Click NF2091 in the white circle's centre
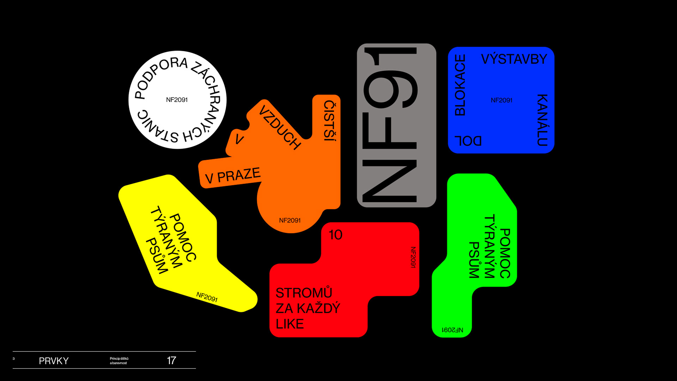(x=177, y=100)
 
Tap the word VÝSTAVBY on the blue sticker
(x=514, y=59)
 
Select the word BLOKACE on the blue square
(x=460, y=85)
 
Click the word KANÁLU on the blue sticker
(x=542, y=120)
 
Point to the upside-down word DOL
(x=468, y=141)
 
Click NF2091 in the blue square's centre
(x=501, y=100)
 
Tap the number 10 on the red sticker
(x=335, y=235)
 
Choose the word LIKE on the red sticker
(x=289, y=324)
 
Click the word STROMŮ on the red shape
(x=304, y=293)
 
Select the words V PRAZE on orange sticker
(x=233, y=176)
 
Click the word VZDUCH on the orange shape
(x=280, y=127)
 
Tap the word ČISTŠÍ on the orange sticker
(x=330, y=121)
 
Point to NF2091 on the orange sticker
(x=290, y=220)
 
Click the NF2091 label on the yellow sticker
(x=207, y=297)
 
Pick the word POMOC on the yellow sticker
(x=183, y=237)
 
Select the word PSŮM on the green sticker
(x=474, y=260)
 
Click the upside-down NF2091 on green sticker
(x=452, y=330)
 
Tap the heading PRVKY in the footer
(x=54, y=361)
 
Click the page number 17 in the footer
(x=171, y=361)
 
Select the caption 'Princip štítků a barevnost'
(x=119, y=361)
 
